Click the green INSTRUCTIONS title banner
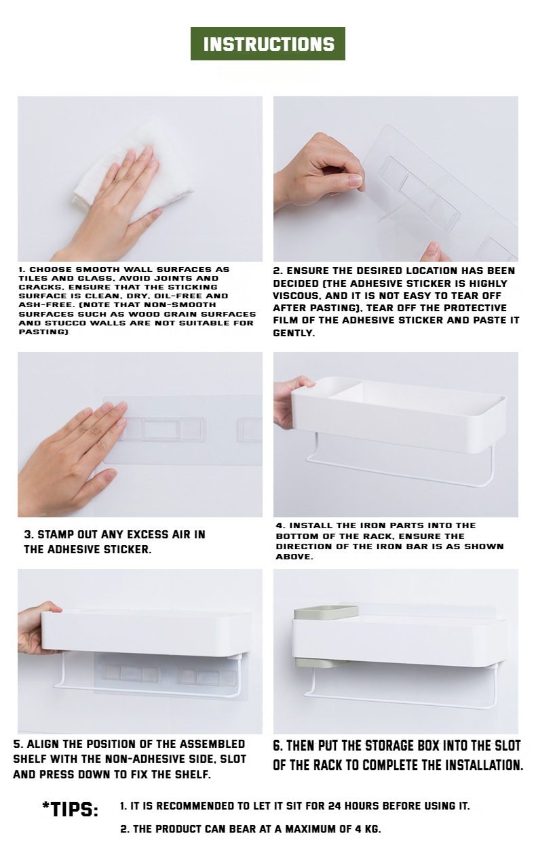pos(268,43)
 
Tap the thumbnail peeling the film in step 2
pos(357,180)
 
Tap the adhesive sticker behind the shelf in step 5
pos(168,675)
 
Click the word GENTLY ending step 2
pos(294,333)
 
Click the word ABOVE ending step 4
pos(294,557)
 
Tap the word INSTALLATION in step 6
pos(480,765)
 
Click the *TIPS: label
pos(70,810)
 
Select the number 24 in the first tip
pos(334,806)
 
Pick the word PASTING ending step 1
pos(43,332)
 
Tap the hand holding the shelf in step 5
pos(38,627)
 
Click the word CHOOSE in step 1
pos(52,269)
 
